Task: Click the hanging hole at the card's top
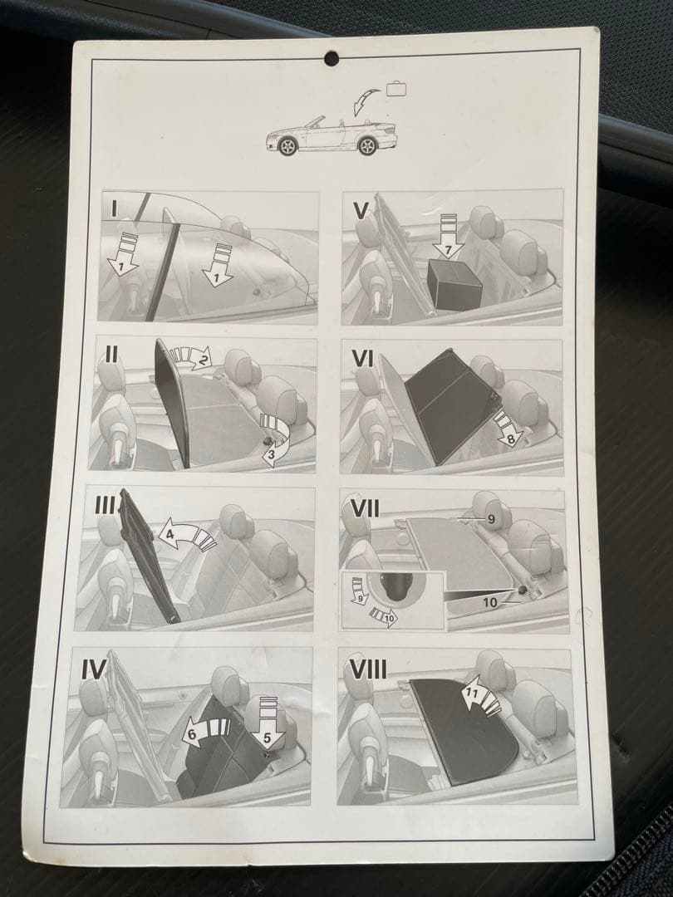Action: [332, 58]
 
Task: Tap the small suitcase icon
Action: [397, 89]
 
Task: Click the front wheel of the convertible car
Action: [287, 146]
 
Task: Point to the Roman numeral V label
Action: [361, 210]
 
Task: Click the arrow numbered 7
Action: [448, 236]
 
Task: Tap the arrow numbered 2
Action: [192, 355]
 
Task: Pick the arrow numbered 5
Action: [266, 722]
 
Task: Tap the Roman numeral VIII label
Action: [368, 669]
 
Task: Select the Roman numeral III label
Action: [106, 506]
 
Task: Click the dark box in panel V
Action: [455, 283]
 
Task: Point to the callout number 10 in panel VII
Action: [490, 602]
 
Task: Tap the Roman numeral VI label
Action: [363, 359]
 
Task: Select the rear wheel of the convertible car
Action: [367, 146]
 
